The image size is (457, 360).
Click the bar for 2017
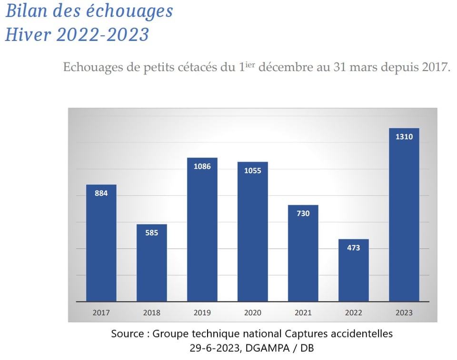click(101, 243)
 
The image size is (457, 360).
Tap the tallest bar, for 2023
click(404, 214)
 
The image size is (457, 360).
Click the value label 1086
click(202, 166)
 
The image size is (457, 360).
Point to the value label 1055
click(252, 170)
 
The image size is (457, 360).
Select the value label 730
click(303, 213)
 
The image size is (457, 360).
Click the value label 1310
click(404, 137)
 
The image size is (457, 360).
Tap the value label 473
click(353, 248)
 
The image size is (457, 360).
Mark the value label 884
click(101, 193)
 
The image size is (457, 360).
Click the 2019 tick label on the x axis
click(202, 313)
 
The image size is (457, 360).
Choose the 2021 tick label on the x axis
click(303, 313)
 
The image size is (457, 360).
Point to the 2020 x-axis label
click(252, 313)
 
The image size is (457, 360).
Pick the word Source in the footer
click(128, 333)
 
